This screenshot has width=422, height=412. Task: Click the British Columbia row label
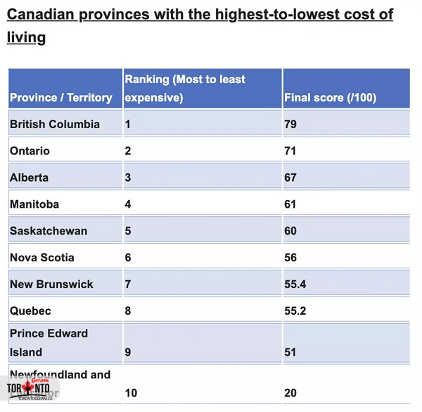point(55,125)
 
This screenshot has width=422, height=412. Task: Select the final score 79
point(290,125)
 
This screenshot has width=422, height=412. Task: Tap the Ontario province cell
point(30,151)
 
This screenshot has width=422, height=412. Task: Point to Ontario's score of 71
point(290,151)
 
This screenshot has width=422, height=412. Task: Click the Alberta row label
point(30,177)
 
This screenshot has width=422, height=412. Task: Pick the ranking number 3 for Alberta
point(128,177)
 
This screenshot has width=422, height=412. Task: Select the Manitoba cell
point(34,204)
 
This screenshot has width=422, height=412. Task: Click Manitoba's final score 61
point(290,204)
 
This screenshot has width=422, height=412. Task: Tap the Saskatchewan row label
point(49,231)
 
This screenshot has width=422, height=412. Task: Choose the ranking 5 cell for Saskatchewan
point(128,231)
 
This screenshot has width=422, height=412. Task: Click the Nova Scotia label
point(42,258)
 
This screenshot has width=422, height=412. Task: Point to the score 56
point(290,258)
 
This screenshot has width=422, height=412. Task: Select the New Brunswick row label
point(51,285)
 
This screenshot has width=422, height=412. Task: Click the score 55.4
point(295,285)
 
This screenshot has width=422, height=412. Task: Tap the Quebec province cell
point(31,311)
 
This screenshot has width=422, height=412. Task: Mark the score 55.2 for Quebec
point(295,311)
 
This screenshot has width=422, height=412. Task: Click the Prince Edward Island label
point(49,342)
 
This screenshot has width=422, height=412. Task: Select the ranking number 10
point(131,393)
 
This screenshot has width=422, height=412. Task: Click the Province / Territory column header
point(61,98)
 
